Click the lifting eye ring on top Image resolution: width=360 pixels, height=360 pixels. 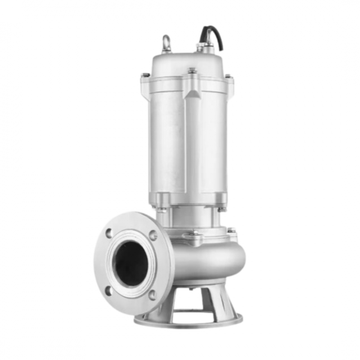[167, 42]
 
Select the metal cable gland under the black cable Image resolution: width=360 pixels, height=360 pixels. [207, 47]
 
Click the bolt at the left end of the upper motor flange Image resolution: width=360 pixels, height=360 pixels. [145, 76]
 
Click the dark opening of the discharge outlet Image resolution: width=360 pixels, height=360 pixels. [131, 263]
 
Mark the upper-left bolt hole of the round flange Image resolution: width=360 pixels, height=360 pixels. [109, 233]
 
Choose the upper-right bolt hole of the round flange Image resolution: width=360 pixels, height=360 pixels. [153, 235]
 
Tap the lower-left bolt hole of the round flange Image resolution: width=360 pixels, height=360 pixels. [108, 291]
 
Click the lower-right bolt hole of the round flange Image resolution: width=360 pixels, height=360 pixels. [152, 295]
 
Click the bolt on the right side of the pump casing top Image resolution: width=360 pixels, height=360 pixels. [231, 231]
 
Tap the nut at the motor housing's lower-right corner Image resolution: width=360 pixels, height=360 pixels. [221, 209]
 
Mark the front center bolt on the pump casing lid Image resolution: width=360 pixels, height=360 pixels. [194, 233]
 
